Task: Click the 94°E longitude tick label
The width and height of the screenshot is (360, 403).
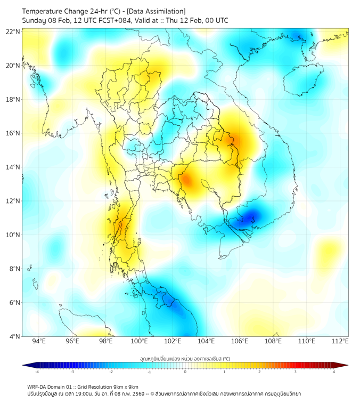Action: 39,341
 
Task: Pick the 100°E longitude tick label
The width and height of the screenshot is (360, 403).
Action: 140,341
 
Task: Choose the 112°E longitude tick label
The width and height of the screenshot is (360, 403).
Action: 340,341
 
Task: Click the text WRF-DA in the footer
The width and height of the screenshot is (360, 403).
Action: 38,386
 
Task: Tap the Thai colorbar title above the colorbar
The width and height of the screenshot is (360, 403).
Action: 185,358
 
